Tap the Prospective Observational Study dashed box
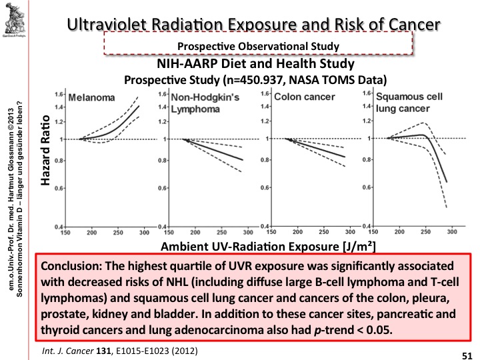259,45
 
